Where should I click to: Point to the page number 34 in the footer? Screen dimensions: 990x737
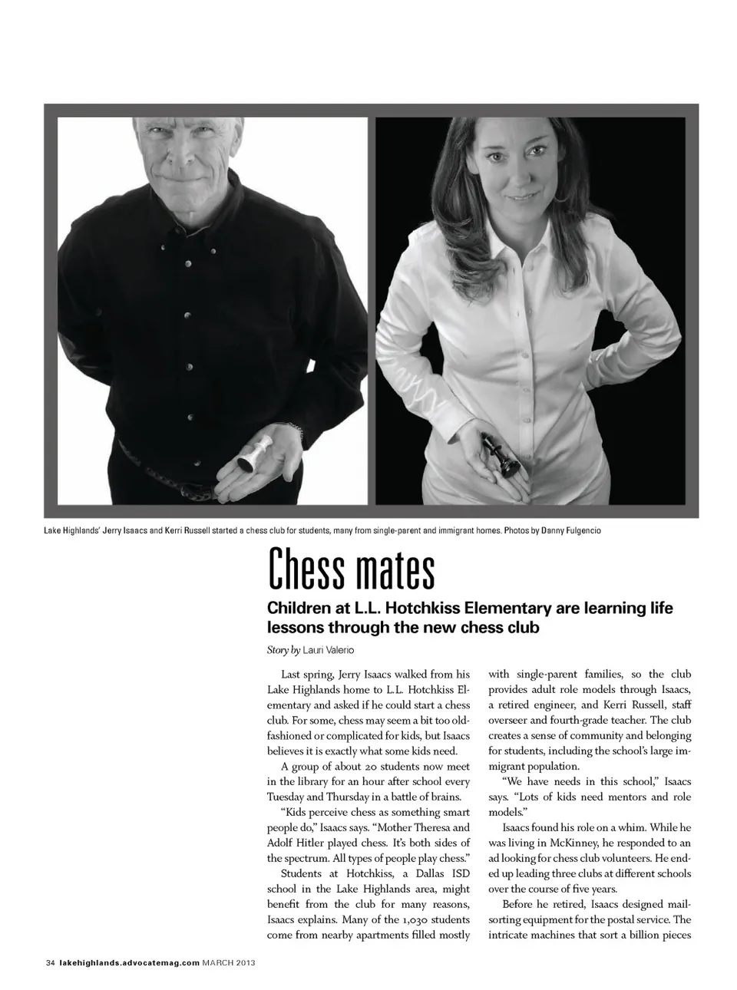pyautogui.click(x=51, y=962)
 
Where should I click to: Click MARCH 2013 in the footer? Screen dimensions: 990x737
pyautogui.click(x=230, y=962)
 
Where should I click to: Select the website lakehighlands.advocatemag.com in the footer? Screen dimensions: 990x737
pyautogui.click(x=129, y=962)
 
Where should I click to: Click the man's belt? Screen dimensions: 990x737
pyautogui.click(x=177, y=487)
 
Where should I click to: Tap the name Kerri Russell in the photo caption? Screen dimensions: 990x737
pyautogui.click(x=187, y=530)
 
